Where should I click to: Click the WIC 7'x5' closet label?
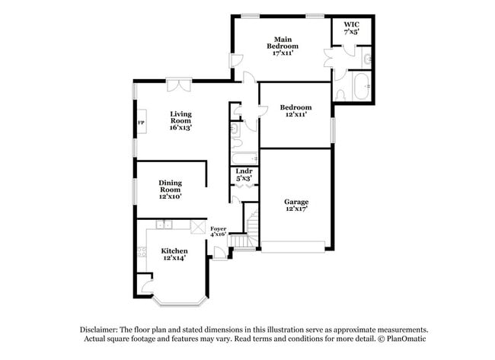pyautogui.click(x=351, y=27)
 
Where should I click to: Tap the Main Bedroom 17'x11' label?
pyautogui.click(x=283, y=46)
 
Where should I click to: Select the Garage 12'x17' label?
pyautogui.click(x=296, y=205)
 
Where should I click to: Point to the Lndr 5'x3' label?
pyautogui.click(x=244, y=175)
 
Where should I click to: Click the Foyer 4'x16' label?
pyautogui.click(x=218, y=231)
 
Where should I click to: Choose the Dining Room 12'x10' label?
pyautogui.click(x=170, y=190)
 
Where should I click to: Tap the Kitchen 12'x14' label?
pyautogui.click(x=174, y=254)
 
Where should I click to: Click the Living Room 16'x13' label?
pyautogui.click(x=181, y=120)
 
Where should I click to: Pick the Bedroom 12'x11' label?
pyautogui.click(x=295, y=110)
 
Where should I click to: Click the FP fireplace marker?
pyautogui.click(x=141, y=123)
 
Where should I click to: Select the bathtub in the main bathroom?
pyautogui.click(x=361, y=87)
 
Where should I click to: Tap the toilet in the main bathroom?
pyautogui.click(x=340, y=95)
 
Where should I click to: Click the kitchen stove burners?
pyautogui.click(x=142, y=252)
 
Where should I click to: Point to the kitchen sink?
pyautogui.click(x=164, y=225)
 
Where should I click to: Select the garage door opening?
pyautogui.click(x=293, y=247)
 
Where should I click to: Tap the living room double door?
pyautogui.click(x=179, y=84)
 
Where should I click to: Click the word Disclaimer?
pyautogui.click(x=99, y=330)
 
